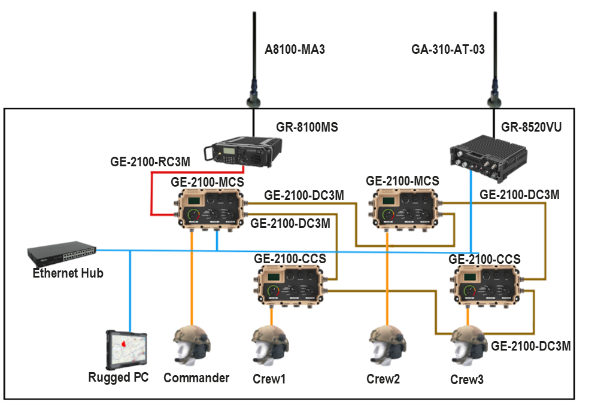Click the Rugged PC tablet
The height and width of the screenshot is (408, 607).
coord(126,349)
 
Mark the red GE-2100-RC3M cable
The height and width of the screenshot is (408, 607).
coord(151,191)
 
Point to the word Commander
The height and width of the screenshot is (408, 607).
coord(196,378)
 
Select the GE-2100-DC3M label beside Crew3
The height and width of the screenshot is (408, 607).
coord(530,346)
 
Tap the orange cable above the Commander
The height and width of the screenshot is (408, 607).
coord(192,275)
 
